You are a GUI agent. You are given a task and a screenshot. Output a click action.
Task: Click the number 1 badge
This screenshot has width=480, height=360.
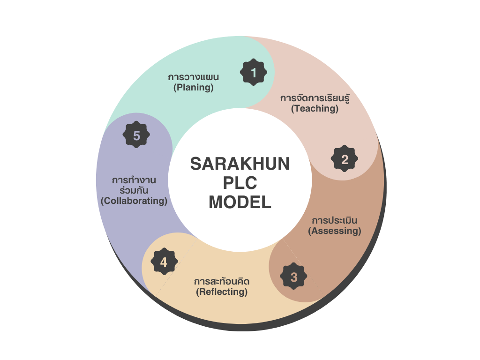[x=254, y=72]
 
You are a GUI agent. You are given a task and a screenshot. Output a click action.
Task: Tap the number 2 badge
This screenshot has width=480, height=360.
[x=345, y=158]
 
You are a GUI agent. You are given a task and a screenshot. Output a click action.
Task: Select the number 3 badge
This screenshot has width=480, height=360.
[x=293, y=276]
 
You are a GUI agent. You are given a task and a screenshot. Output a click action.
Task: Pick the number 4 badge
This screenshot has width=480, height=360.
[x=165, y=262]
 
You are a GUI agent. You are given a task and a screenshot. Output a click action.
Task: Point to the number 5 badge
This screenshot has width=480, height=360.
[x=136, y=135]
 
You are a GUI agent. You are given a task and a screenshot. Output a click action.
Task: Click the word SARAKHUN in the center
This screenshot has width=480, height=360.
[x=240, y=164]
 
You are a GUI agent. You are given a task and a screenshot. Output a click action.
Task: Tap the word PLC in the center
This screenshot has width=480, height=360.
[x=240, y=183]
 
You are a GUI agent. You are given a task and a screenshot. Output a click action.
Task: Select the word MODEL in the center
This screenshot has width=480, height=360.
[x=240, y=202]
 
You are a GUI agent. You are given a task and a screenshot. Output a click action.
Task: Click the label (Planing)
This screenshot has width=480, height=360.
[x=194, y=88]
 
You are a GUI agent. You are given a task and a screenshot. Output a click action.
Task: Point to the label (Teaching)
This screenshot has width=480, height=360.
[x=315, y=109]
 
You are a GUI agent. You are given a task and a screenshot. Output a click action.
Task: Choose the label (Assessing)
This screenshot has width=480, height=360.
[x=335, y=231]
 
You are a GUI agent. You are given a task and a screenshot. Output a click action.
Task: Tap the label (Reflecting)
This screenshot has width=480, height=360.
[x=222, y=292]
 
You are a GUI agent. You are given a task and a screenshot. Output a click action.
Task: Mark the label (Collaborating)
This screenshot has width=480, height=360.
[x=134, y=201]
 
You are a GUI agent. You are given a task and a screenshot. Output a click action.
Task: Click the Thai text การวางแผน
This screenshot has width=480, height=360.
[x=194, y=77]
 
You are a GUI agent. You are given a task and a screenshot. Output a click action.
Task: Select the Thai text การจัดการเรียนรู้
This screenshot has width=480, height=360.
[x=315, y=98]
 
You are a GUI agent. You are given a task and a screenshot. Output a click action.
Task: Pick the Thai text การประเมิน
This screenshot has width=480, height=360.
[x=335, y=220]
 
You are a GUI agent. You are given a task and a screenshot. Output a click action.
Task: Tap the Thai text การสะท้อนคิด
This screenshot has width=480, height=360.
[x=222, y=281]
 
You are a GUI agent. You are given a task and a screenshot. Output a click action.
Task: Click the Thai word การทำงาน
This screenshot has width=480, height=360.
[x=134, y=180]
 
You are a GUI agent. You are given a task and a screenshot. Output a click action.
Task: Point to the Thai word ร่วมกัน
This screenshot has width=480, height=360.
[x=134, y=190]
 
